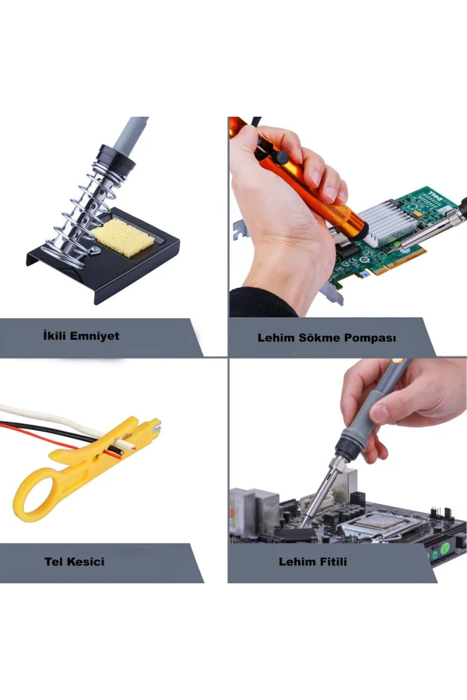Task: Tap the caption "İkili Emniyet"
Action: point(81,337)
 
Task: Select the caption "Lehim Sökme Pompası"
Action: point(327,338)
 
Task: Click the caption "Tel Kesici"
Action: point(75,561)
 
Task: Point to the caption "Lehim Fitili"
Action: point(313,561)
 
